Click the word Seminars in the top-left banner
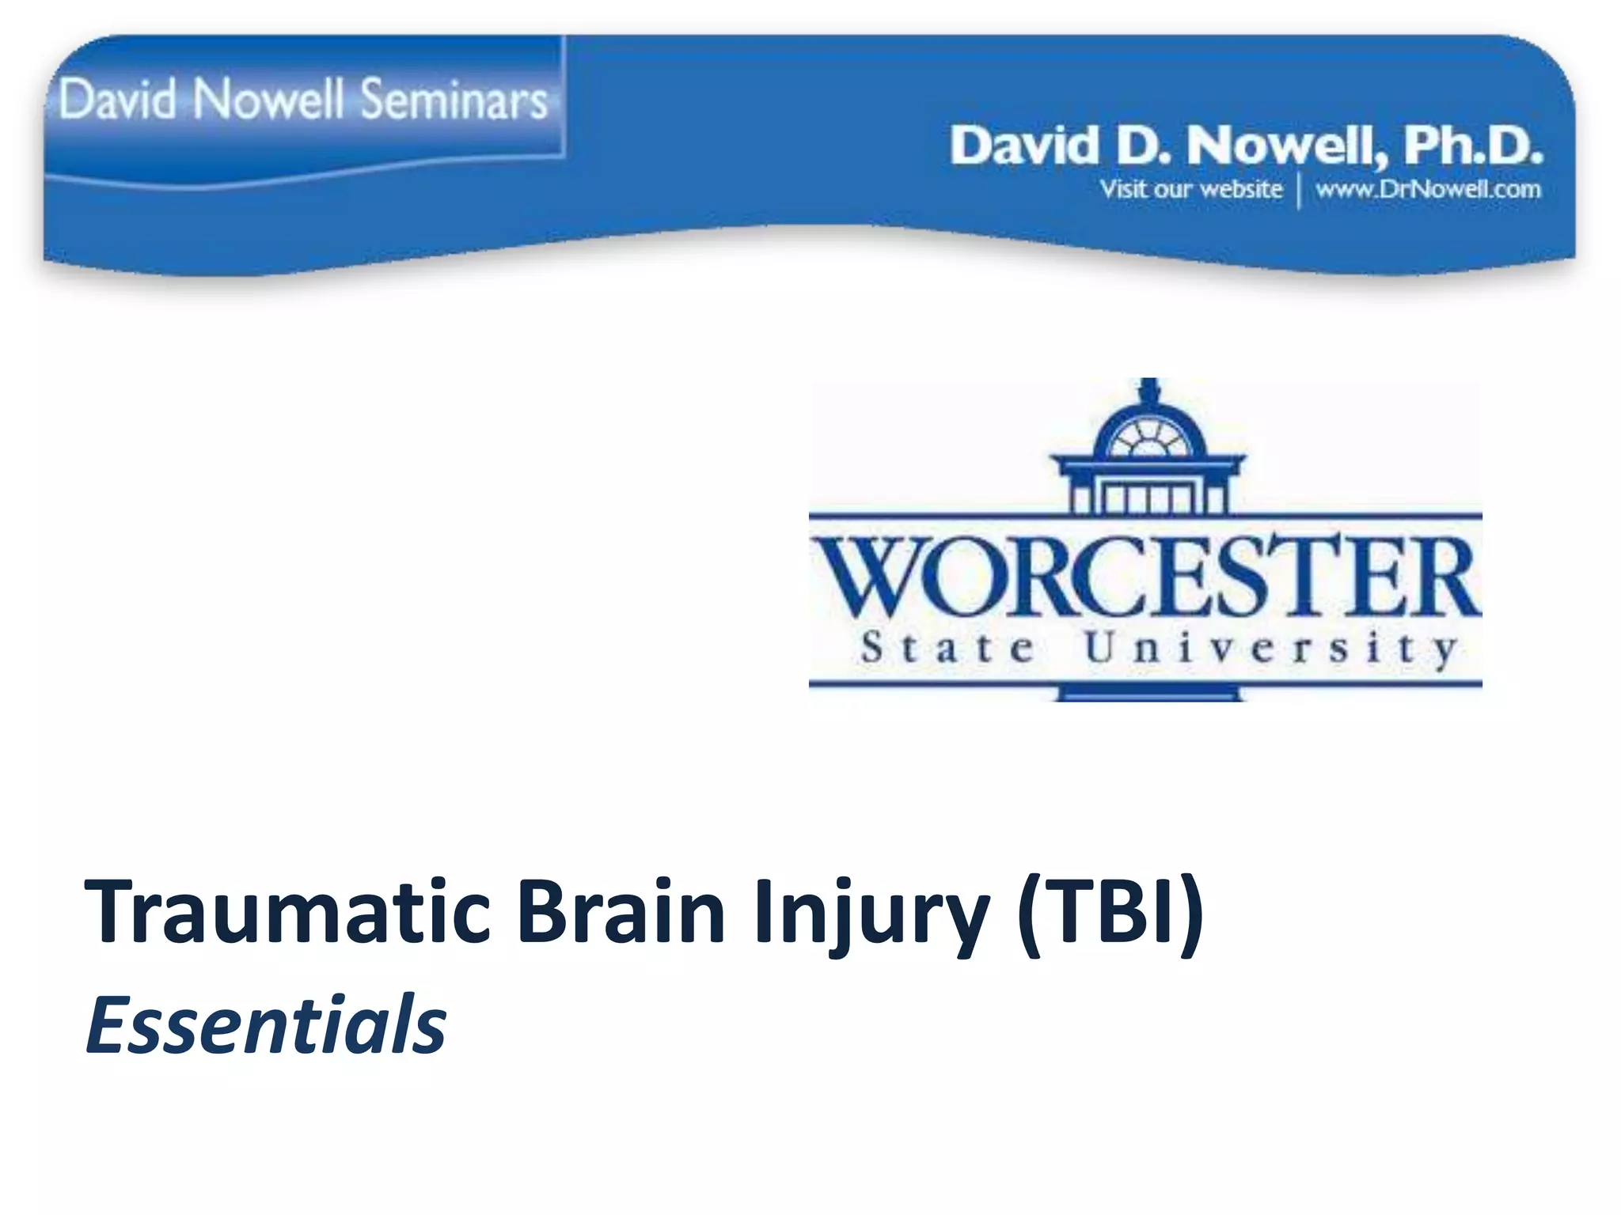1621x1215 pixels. coord(454,100)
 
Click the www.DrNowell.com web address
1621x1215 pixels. coord(1428,190)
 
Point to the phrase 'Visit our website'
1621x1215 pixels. coord(1190,190)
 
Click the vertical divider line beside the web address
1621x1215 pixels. coord(1299,191)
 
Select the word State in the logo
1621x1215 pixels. coord(947,649)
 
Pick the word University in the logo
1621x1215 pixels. coord(1270,649)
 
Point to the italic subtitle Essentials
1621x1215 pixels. coord(266,1025)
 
